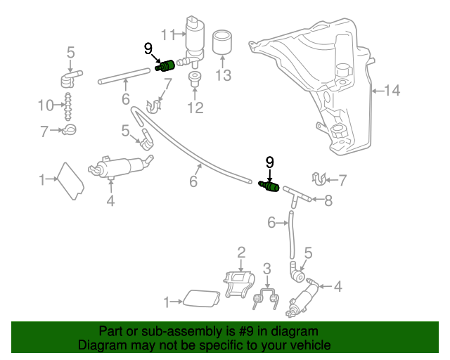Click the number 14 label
coord(392,90)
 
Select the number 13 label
coord(223,75)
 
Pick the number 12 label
coord(195,108)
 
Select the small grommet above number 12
coord(194,77)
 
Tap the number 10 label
coord(46,106)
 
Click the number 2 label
coord(241,252)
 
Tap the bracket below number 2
coord(239,283)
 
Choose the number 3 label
coord(266,268)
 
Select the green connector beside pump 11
coord(165,66)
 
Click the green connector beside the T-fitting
coord(270,186)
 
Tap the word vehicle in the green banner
coord(308,346)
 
